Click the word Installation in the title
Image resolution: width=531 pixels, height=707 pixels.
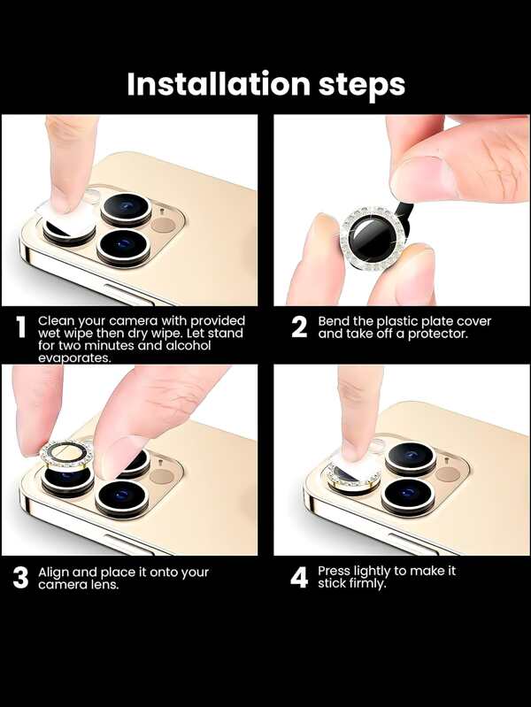tap(219, 84)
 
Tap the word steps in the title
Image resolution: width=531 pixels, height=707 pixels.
tap(362, 86)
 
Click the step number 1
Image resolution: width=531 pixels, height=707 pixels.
tap(20, 327)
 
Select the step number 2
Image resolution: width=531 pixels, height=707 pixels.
tap(299, 327)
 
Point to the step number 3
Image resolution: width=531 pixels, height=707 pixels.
tap(20, 578)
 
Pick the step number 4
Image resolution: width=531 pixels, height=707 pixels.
tap(299, 578)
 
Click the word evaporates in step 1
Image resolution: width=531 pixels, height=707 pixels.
tap(74, 358)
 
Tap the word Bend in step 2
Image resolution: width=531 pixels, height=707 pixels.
tap(334, 321)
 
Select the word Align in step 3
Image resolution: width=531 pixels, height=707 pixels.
tap(54, 573)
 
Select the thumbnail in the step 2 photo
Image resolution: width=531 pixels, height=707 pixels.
tap(423, 178)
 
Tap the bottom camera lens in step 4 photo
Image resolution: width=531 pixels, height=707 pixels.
tap(408, 496)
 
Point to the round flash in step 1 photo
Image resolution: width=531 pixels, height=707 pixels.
tap(163, 224)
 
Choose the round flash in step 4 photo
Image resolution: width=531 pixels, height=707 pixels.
tap(447, 474)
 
